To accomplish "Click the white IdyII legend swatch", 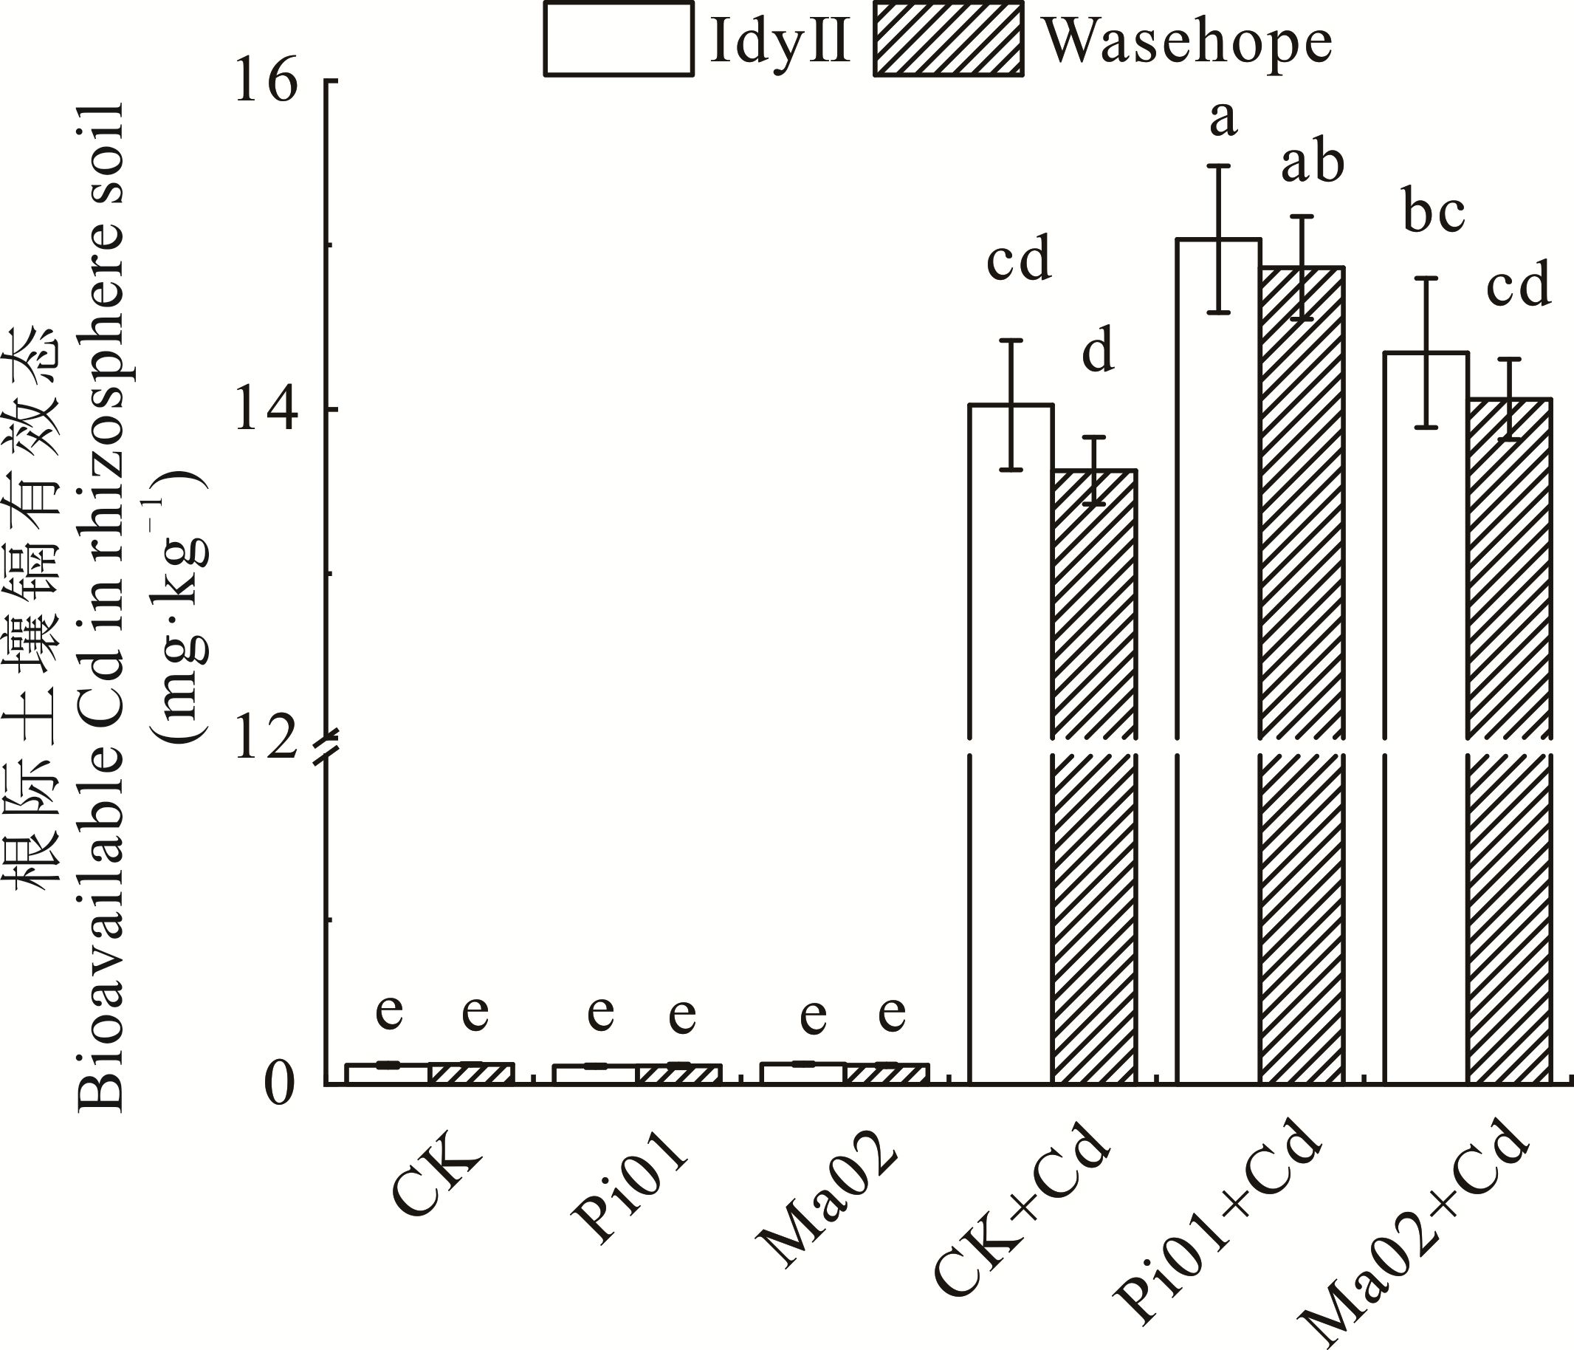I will click(x=619, y=38).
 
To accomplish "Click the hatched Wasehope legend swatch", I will click(x=948, y=38).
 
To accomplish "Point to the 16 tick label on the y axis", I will click(x=266, y=81).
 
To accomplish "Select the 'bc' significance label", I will click(x=1434, y=214).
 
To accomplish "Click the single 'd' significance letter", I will click(x=1099, y=351).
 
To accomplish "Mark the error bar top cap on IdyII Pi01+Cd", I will click(x=1218, y=165).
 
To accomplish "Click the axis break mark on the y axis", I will click(x=329, y=745).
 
